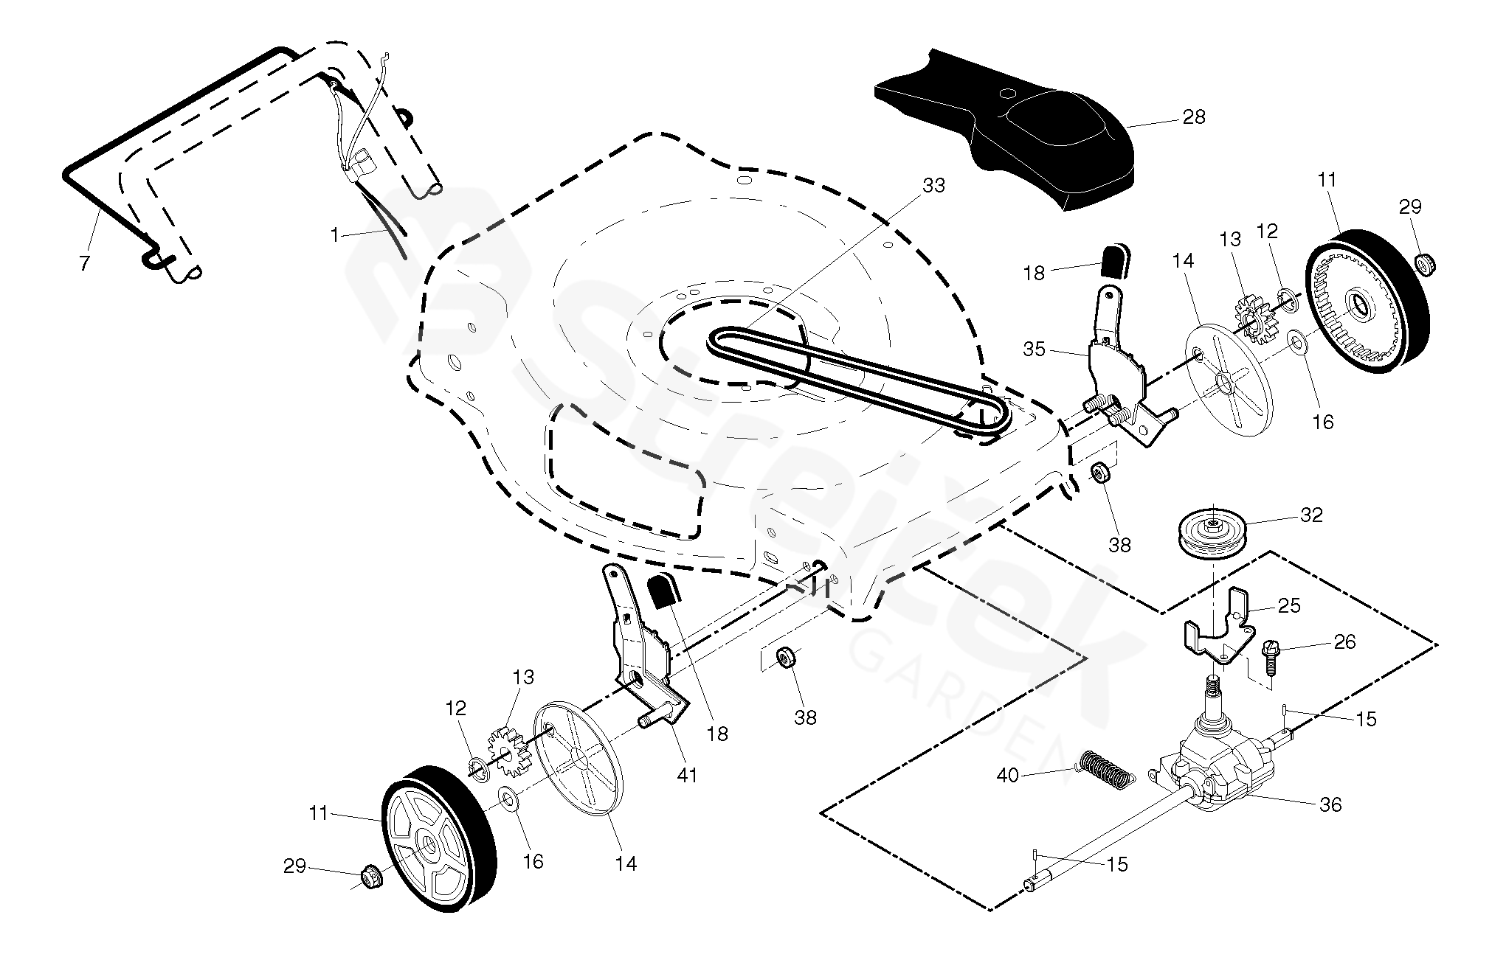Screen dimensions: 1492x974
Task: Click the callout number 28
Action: pos(1193,116)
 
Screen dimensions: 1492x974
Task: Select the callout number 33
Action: pos(933,186)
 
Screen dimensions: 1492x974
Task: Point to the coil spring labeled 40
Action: pos(1105,770)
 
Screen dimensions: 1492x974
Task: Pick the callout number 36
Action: pos(1330,804)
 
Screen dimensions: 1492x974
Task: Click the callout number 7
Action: pos(85,262)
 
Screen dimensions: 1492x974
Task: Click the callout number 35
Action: pos(1034,349)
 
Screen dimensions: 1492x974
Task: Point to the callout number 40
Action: pos(1009,775)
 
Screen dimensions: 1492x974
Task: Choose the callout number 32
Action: pos(1311,515)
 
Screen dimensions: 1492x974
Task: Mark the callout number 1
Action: pos(335,235)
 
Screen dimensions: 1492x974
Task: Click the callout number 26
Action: pos(1344,642)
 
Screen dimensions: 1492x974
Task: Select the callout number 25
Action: pos(1289,605)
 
